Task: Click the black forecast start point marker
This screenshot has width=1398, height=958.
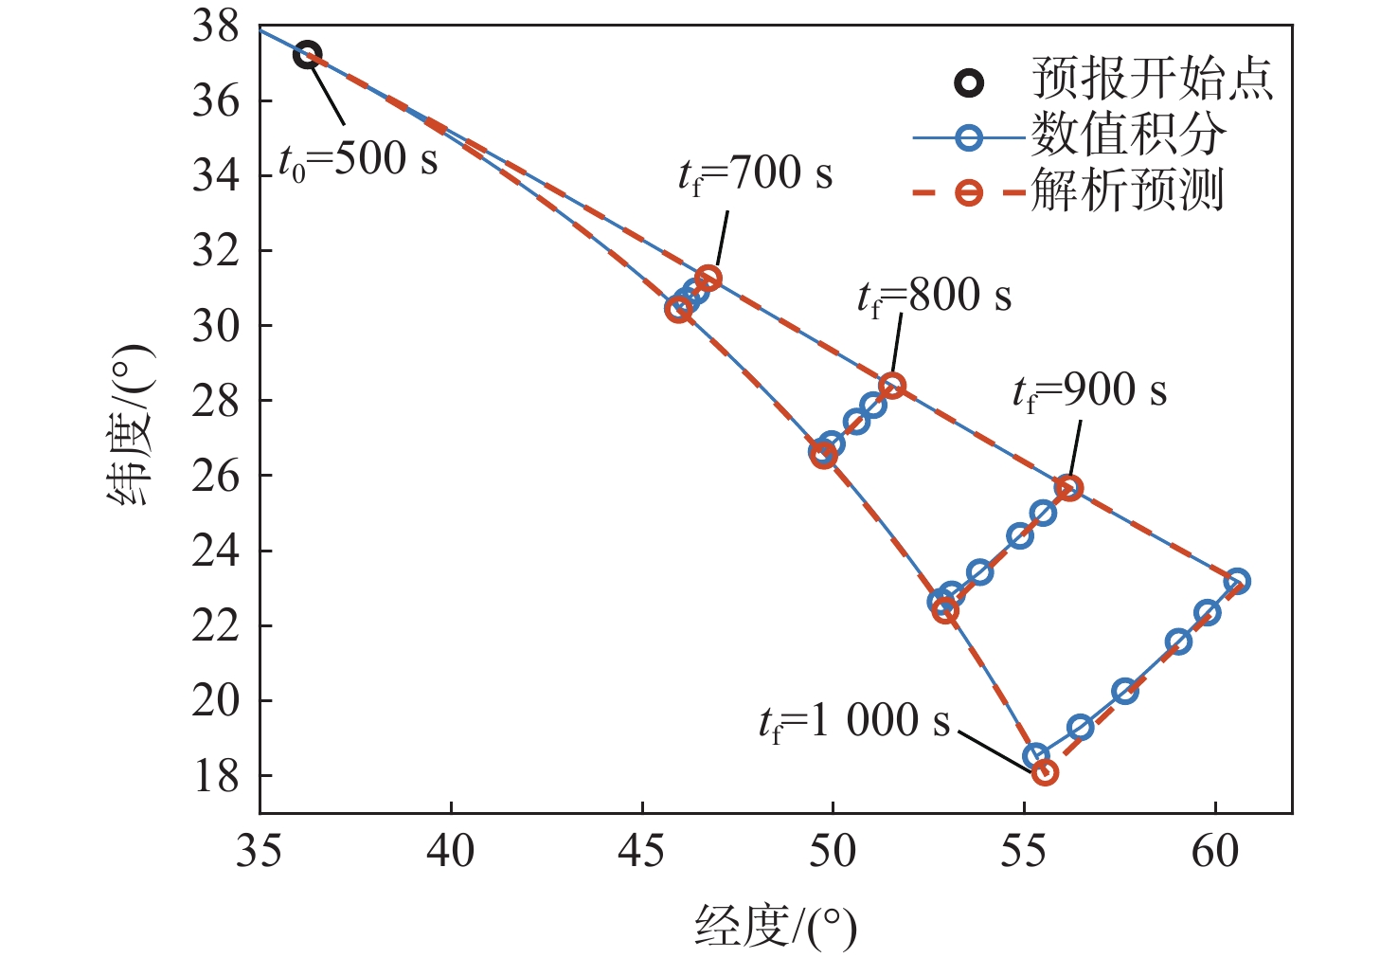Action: [307, 55]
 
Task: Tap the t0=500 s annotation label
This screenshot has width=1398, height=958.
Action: [358, 161]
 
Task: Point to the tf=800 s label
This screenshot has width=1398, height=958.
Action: [934, 298]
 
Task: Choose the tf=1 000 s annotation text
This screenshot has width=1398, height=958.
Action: [853, 723]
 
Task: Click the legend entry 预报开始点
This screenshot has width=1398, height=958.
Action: [1152, 79]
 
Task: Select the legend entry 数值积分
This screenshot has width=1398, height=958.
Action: [1127, 135]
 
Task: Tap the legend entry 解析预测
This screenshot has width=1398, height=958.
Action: [1127, 190]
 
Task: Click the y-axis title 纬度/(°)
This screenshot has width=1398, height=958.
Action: [130, 425]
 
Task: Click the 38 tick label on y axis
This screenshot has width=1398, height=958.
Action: [216, 27]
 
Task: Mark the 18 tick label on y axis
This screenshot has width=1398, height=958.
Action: [216, 776]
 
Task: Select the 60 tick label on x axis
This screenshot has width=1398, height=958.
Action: [1215, 852]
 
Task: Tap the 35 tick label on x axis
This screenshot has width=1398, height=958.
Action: [260, 852]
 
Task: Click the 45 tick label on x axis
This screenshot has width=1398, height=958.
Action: [642, 852]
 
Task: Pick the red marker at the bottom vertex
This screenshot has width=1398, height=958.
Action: [1045, 772]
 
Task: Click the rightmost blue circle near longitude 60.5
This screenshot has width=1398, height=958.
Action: [1236, 581]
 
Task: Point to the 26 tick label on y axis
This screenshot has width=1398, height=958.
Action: [216, 476]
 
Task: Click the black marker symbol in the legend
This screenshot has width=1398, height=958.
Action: [969, 82]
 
